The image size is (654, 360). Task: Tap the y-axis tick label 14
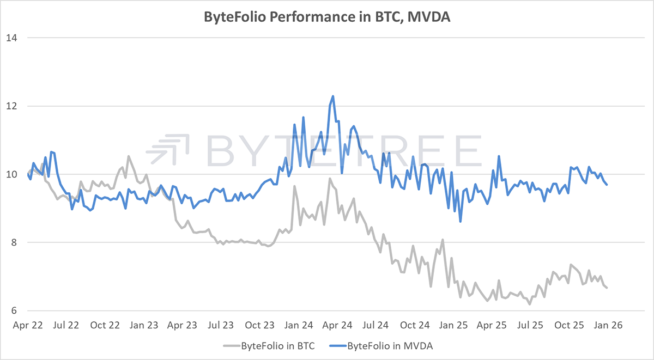point(12,38)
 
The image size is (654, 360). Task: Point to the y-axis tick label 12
point(12,106)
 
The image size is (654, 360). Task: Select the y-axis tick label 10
point(12,174)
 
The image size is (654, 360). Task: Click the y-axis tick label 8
point(14,242)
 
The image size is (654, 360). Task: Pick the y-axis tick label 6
point(14,310)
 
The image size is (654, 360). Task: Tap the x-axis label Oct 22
point(105,325)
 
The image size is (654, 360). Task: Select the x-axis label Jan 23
point(144,325)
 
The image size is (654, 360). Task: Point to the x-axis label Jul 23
point(221,325)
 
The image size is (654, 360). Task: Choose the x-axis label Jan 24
point(299,325)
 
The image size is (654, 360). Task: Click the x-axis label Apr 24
point(338,325)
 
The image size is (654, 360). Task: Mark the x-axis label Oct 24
point(415,325)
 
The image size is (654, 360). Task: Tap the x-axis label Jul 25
point(531,325)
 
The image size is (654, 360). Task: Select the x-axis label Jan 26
point(609,325)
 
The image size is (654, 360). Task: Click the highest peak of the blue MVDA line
point(332,96)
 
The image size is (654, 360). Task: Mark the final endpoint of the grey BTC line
point(607,288)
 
